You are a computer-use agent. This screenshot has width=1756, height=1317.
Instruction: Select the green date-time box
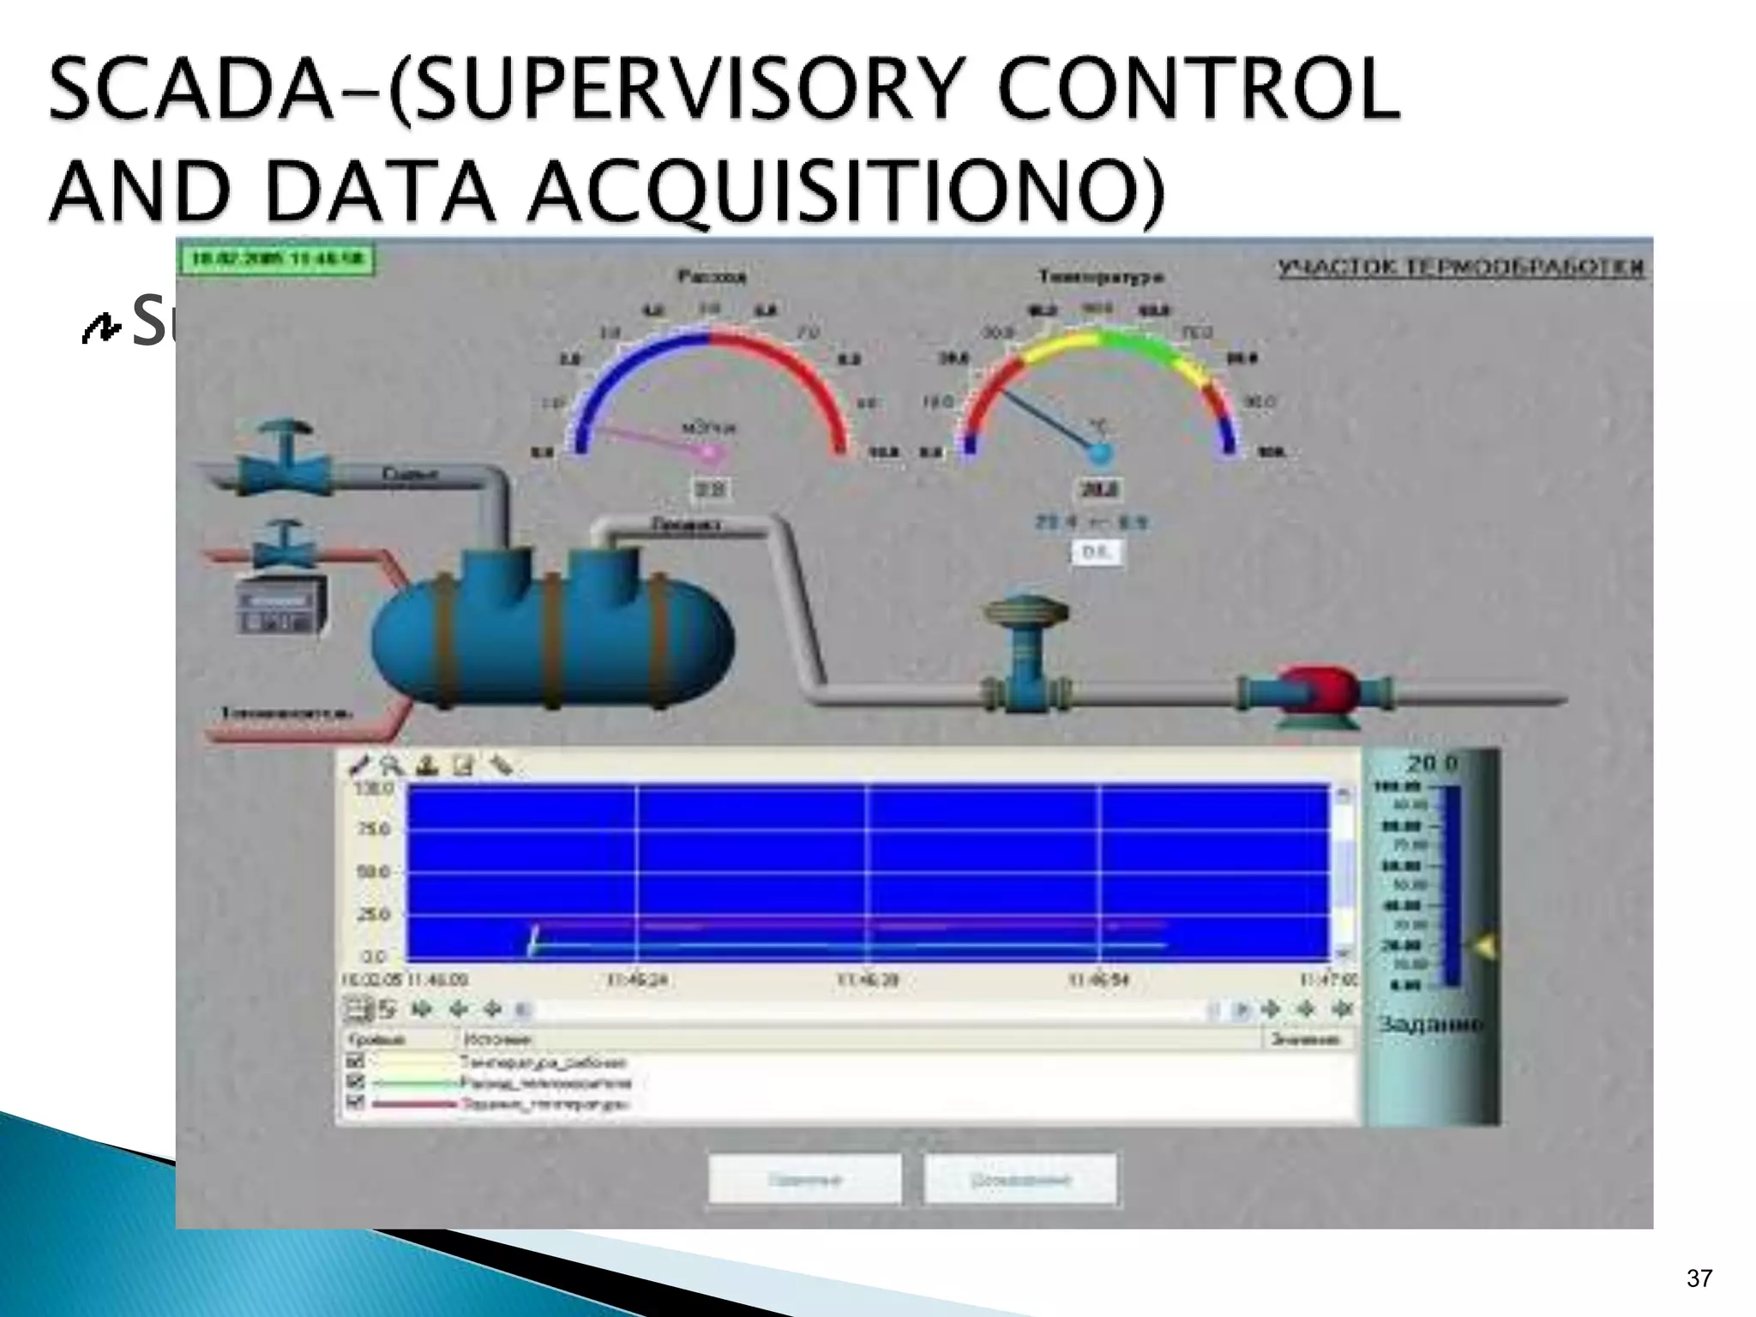(276, 258)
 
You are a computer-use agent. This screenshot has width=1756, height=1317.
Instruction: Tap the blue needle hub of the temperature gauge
(1100, 453)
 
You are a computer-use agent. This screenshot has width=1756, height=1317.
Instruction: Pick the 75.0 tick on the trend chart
(375, 829)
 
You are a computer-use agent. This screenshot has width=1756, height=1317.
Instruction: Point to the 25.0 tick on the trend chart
(375, 914)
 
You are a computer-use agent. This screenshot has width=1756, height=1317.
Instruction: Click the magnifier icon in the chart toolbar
(392, 765)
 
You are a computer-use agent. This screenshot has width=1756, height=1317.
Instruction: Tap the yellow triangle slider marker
(1484, 947)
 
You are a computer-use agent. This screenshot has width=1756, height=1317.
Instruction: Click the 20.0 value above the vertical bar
(1431, 762)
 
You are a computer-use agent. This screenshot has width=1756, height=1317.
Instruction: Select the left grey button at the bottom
(804, 1180)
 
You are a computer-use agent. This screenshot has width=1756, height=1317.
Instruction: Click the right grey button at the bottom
(1020, 1180)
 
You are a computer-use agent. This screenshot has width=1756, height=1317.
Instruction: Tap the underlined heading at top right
(1461, 268)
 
